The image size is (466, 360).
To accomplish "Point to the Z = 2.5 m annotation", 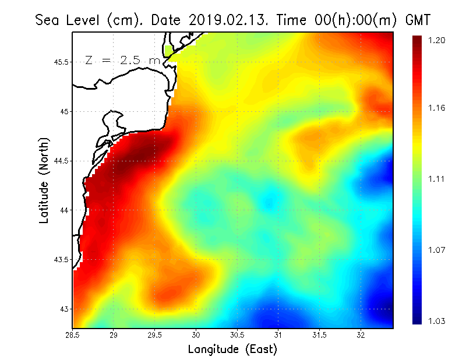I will point(120,59).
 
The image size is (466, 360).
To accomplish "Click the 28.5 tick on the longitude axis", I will point(73,335).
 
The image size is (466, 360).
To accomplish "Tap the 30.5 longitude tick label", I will point(238,335).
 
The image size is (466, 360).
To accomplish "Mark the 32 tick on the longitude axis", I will point(361,335).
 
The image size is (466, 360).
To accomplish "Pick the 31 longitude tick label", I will point(278,335).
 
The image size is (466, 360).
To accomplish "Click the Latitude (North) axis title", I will point(44,180).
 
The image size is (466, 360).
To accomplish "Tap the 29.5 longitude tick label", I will point(156,335).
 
